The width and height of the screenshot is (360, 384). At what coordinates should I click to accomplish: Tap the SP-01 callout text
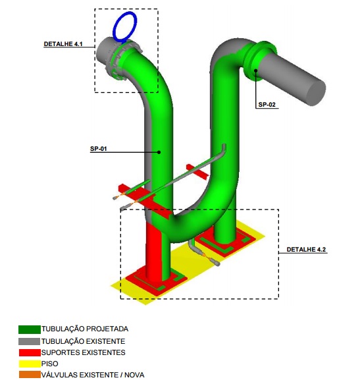(98, 149)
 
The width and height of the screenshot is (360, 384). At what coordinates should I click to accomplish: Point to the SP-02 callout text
(268, 105)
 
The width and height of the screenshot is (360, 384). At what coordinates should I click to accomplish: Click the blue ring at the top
(124, 26)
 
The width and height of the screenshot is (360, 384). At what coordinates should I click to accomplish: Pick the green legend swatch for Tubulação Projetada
(30, 329)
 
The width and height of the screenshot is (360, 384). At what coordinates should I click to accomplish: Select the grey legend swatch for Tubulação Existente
(30, 341)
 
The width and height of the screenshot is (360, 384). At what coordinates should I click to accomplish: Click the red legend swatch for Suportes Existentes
(30, 352)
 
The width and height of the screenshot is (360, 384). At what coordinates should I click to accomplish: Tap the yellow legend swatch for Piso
(30, 364)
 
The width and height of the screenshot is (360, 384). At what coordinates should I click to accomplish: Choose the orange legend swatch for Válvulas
(30, 375)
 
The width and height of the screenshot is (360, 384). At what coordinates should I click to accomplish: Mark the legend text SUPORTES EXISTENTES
(82, 352)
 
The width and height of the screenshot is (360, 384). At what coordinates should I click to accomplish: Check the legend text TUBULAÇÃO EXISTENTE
(83, 341)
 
